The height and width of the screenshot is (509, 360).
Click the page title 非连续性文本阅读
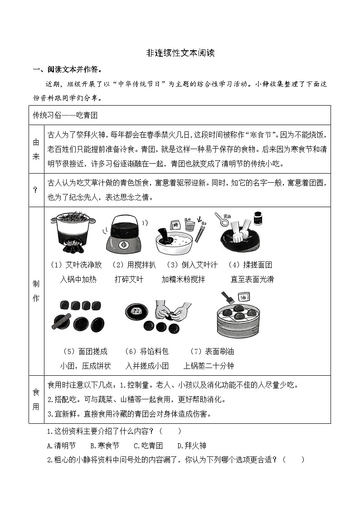point(180,53)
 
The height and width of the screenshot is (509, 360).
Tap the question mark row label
point(36,190)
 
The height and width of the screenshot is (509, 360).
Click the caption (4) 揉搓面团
point(250,265)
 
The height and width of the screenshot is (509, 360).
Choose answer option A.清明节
point(61,446)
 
